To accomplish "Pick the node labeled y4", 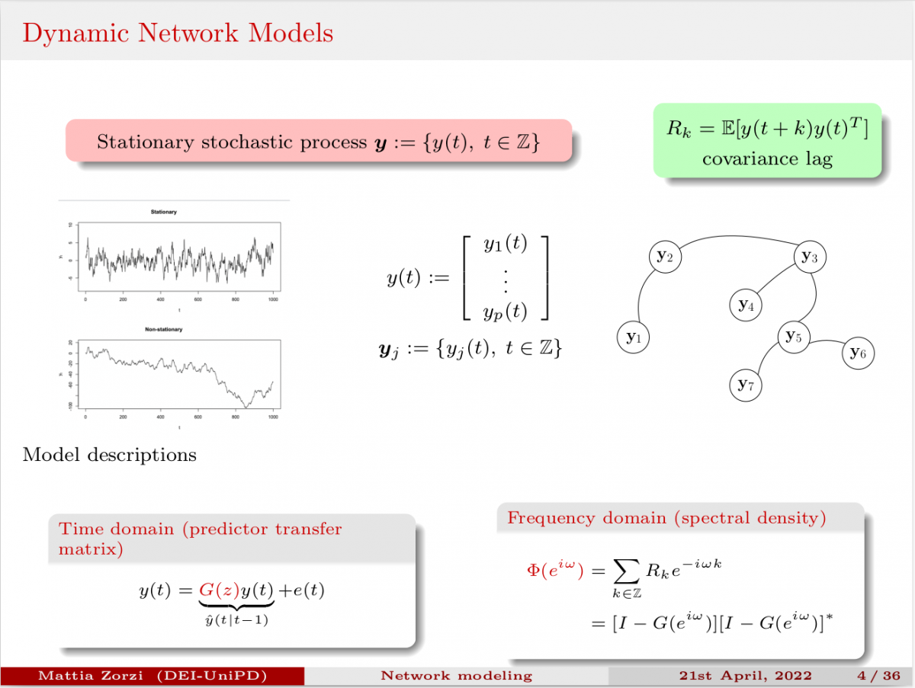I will tap(746, 306).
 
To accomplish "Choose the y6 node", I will tap(859, 353).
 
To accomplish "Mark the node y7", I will tap(746, 386).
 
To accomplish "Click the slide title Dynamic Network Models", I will tap(178, 34).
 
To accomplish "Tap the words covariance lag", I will tap(767, 158).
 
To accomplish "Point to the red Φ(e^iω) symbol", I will tap(554, 570).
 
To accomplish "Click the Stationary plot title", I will tap(164, 211).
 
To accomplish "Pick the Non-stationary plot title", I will tap(164, 329).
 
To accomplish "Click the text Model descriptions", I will tap(110, 455).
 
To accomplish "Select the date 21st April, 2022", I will tap(745, 676).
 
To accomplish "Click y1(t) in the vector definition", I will tap(506, 245).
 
